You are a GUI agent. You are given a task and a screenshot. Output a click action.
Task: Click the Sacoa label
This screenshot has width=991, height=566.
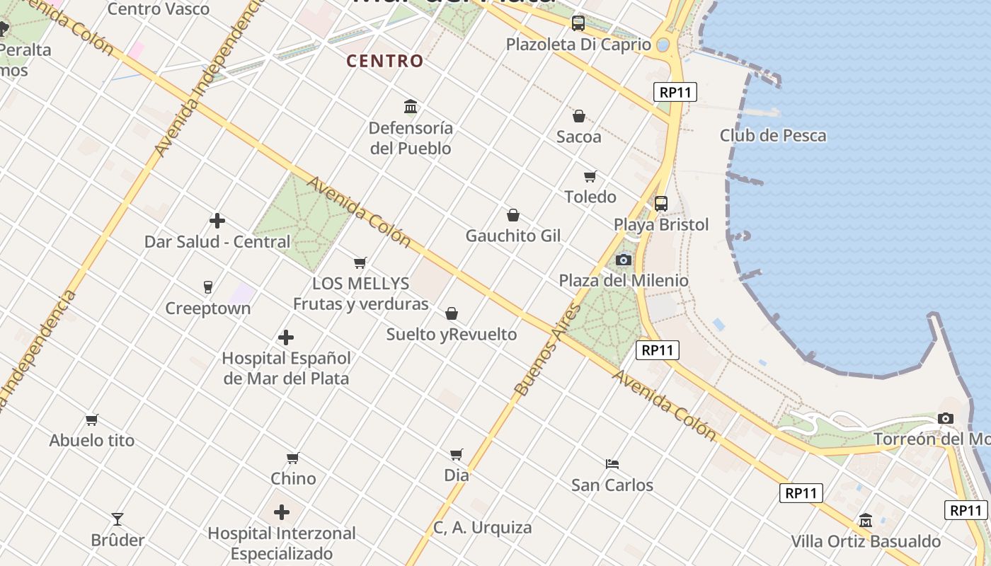pos(578,137)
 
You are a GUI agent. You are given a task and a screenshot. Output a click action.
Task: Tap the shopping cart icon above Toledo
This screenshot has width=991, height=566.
pos(590,176)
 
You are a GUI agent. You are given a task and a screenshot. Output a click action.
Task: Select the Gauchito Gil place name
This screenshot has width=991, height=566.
pos(512,236)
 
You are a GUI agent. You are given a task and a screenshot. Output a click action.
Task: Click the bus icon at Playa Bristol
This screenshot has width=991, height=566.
pos(660,204)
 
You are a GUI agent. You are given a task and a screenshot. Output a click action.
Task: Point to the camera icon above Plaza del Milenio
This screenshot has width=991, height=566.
pos(624,260)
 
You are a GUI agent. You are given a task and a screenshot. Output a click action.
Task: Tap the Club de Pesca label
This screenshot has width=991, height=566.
pos(773,135)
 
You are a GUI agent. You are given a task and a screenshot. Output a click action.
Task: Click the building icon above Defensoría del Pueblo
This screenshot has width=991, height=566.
pos(410,107)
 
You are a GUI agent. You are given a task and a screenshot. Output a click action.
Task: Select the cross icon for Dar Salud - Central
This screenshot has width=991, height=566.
pos(217,221)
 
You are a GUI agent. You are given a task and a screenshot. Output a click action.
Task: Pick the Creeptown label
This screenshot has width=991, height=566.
pos(207,308)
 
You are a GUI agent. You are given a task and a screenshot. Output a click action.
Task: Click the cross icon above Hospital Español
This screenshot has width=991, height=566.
pos(286,337)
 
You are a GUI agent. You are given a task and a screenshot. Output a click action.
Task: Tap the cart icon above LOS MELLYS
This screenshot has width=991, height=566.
pos(360,263)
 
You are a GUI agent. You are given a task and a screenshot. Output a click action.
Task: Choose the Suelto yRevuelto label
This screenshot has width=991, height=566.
pos(452,334)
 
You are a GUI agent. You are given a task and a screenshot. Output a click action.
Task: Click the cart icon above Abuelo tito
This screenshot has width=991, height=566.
pos(91,420)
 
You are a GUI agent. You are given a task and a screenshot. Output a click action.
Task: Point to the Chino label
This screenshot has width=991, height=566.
pos(293,478)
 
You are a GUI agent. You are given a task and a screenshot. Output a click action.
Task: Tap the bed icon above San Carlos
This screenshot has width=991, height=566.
pos(612,464)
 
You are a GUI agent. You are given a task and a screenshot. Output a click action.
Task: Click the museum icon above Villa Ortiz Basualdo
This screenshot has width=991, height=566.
pos(865,521)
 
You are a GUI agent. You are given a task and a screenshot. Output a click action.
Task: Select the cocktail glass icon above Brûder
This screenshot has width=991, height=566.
pos(118,519)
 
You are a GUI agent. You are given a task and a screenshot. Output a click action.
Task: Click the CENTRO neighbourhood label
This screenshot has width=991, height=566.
pos(384,61)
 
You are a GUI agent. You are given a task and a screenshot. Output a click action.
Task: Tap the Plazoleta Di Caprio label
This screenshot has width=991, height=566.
pos(578,45)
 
